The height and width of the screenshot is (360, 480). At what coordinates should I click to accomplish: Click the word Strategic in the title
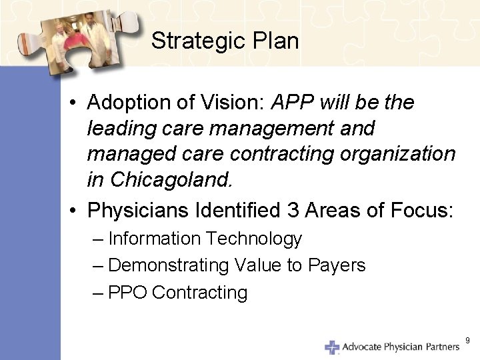pyautogui.click(x=193, y=41)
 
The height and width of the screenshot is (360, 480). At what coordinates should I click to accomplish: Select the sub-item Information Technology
pyautogui.click(x=205, y=239)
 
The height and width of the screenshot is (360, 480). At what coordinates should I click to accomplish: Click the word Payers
pyautogui.click(x=337, y=265)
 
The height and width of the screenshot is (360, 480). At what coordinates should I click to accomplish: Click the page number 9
pyautogui.click(x=467, y=341)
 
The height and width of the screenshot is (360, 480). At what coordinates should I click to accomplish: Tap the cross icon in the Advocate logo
pyautogui.click(x=332, y=347)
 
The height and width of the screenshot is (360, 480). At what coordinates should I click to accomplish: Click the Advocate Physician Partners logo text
pyautogui.click(x=401, y=347)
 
